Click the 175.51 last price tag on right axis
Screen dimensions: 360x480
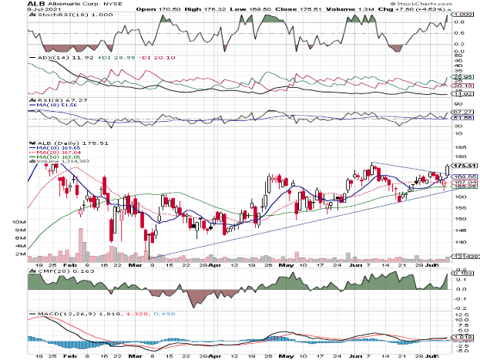(462, 165)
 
